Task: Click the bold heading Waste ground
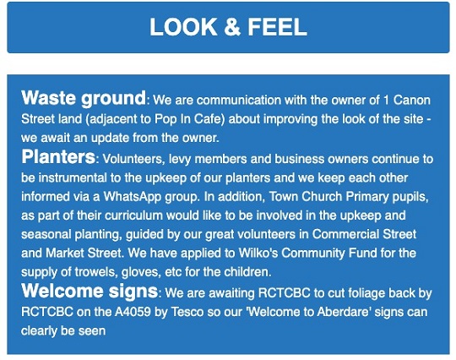tap(84, 97)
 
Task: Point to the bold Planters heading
tap(58, 157)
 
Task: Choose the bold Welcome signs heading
tap(90, 292)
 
